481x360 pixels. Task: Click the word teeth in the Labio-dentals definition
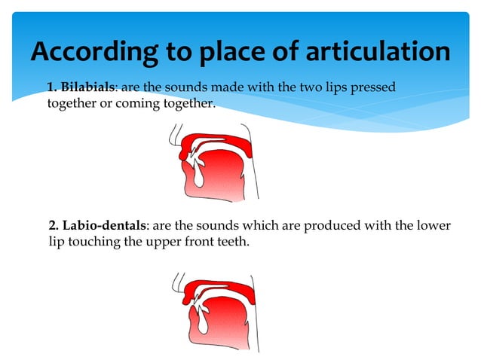point(231,241)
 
